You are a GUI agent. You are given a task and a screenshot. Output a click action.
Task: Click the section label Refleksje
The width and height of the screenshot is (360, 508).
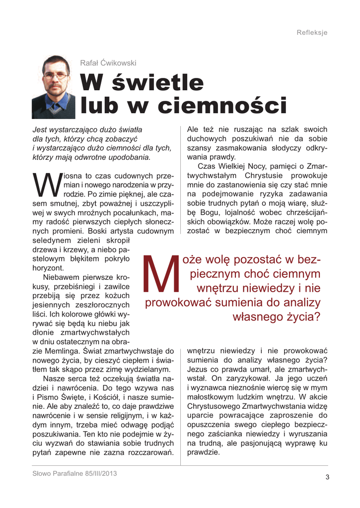point(312,33)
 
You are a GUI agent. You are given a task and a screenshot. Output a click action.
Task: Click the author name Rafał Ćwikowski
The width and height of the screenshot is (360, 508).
point(108,63)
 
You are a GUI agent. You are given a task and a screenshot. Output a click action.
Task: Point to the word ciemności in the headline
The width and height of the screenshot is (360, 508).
point(229,105)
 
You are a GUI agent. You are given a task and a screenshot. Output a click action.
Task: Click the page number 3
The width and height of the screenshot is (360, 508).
point(327,477)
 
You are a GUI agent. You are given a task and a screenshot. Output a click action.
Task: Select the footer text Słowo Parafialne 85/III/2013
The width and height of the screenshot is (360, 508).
point(74,473)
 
